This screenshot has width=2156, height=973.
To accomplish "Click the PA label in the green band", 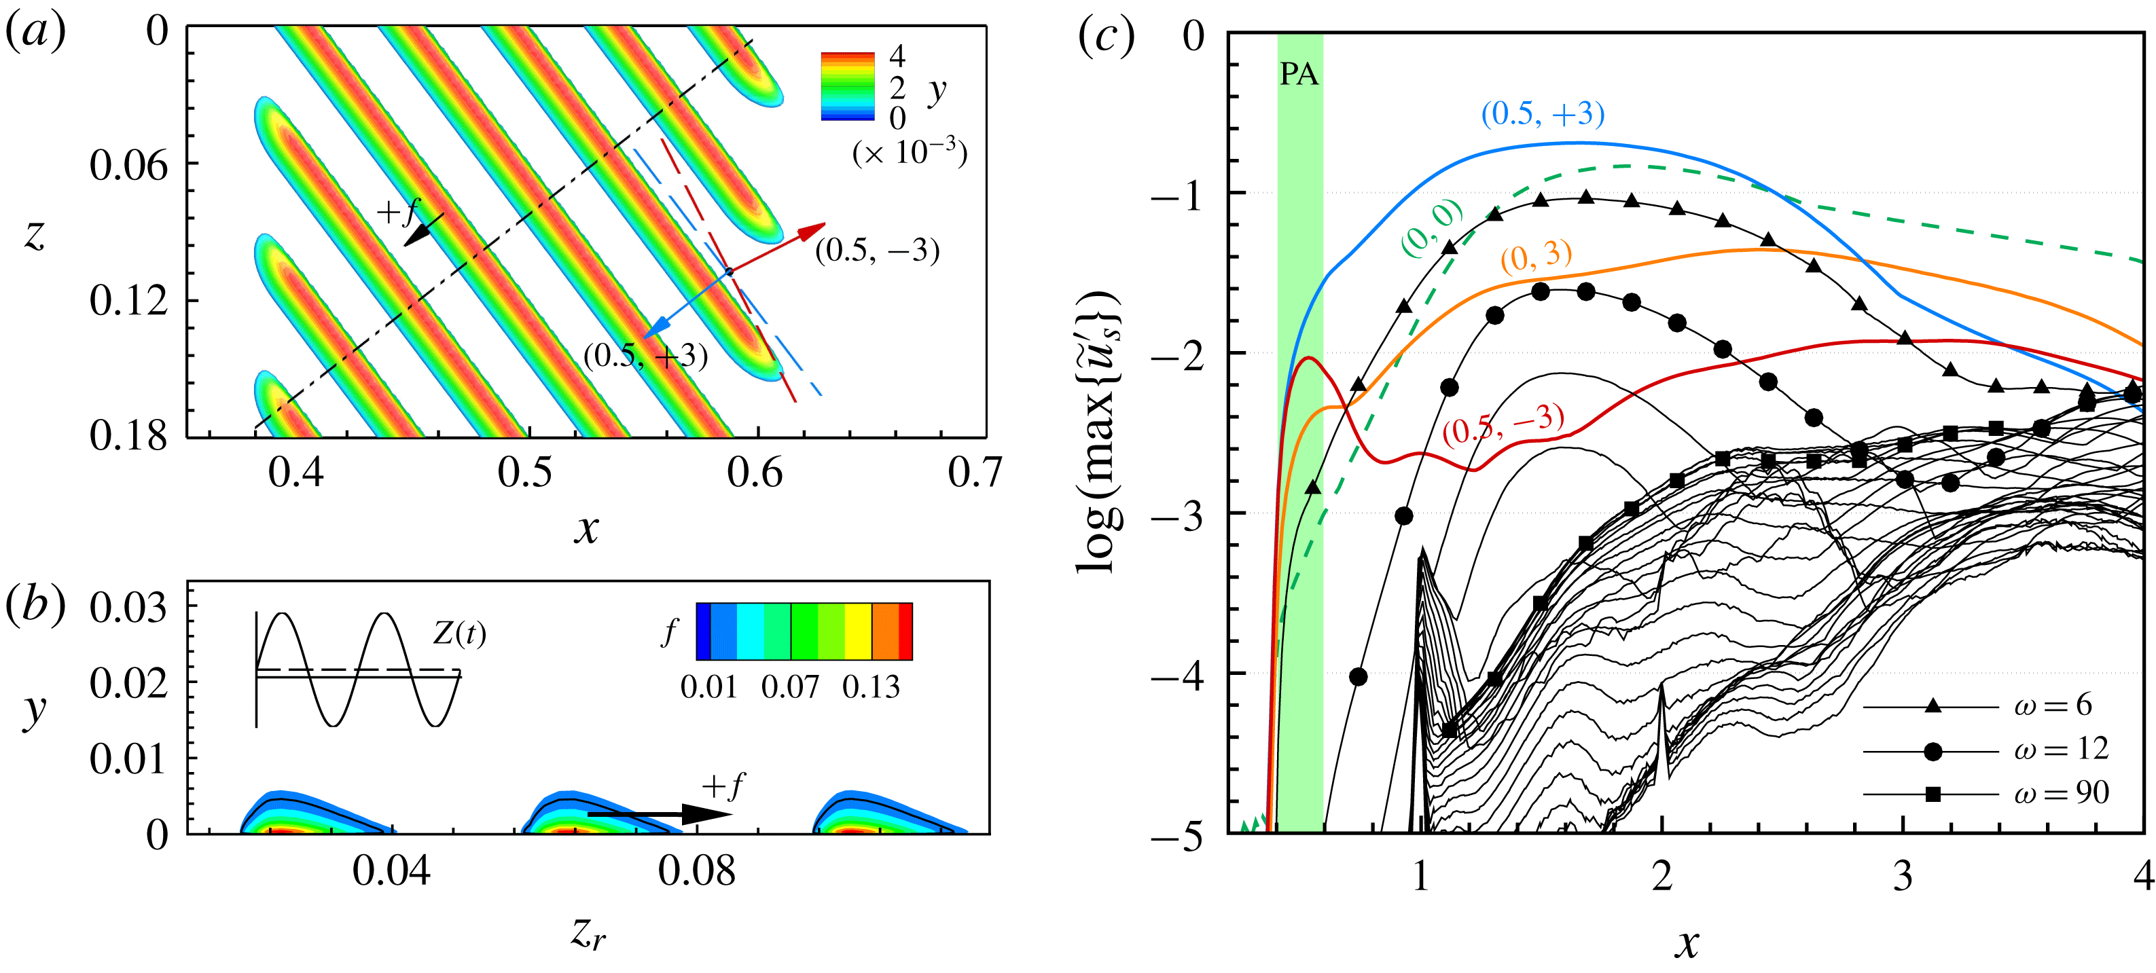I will click(1298, 75).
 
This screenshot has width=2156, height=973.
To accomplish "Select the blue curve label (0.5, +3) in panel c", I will click(1543, 114).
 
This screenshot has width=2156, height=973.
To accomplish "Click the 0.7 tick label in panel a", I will click(974, 473).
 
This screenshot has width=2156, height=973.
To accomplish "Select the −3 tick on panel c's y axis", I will click(1176, 515).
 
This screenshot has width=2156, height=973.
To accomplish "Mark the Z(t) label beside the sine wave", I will click(459, 634).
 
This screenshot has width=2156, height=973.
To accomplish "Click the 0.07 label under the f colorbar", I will click(790, 687).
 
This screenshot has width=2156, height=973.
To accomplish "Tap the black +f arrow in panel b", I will click(649, 813).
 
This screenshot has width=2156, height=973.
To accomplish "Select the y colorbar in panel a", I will click(847, 87).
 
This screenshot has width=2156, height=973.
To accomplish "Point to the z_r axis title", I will click(588, 931).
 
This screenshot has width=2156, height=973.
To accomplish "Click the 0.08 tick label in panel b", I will click(696, 872).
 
